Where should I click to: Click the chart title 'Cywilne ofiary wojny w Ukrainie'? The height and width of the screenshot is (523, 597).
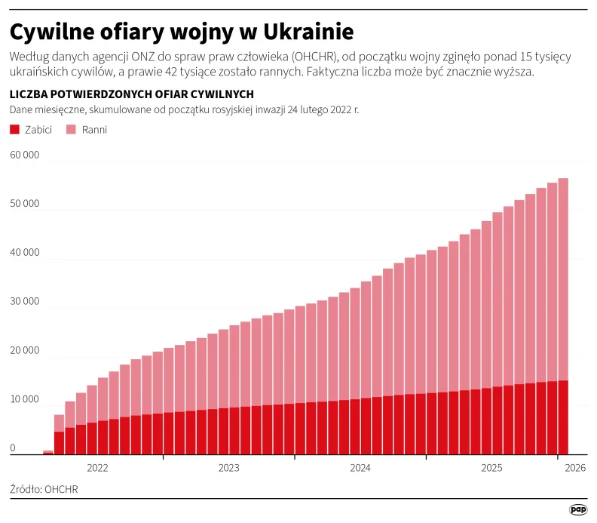pos(182,32)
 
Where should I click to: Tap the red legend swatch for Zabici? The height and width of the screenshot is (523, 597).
pos(14,130)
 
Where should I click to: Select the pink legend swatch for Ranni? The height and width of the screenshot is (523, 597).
pos(72,130)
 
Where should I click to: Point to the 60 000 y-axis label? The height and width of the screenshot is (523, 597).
pos(24,155)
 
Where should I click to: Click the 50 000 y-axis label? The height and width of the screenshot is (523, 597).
pos(24,204)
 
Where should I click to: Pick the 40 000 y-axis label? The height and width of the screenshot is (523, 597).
pos(24,253)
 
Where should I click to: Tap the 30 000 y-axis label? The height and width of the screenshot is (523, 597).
pos(24,302)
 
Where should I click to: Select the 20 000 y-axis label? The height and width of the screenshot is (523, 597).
pos(24,351)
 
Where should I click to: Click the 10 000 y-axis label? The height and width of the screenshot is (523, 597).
pos(24,399)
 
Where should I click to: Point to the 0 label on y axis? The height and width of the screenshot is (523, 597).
pos(13,448)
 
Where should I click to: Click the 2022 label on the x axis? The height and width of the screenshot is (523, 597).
pos(98,468)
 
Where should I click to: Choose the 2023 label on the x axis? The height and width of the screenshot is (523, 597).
pos(229,468)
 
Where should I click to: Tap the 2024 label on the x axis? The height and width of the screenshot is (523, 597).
pos(360,468)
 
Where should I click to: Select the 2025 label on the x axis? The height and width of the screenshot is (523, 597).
pos(491,468)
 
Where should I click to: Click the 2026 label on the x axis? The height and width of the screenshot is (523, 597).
pos(574,468)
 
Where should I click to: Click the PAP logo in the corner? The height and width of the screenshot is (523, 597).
pos(577,510)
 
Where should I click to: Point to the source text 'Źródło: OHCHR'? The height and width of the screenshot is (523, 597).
pos(44,489)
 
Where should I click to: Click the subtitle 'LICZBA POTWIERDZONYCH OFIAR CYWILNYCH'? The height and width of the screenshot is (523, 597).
pos(131,94)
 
